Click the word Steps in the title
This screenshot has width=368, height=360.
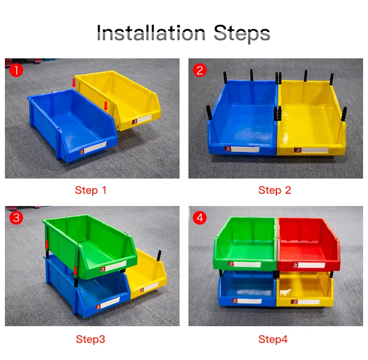tap(242, 33)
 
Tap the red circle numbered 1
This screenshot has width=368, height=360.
tap(16, 70)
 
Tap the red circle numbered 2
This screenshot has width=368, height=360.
tap(199, 70)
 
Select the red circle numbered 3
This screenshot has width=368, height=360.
tap(16, 217)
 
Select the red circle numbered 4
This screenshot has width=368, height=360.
tap(199, 217)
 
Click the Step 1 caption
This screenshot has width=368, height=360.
tap(91, 190)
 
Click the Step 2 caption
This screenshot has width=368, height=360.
tap(275, 190)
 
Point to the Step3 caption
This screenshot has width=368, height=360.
tap(90, 339)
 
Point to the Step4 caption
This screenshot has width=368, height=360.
tap(273, 339)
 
